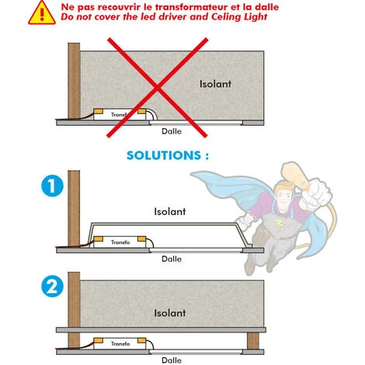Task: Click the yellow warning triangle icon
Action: click(x=42, y=13)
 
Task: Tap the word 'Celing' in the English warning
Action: click(x=226, y=17)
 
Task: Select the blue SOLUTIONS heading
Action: click(x=168, y=155)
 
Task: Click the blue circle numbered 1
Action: click(x=52, y=186)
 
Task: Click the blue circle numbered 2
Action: click(x=52, y=286)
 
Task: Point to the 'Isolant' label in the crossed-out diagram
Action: click(x=215, y=84)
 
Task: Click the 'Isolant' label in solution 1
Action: click(x=170, y=211)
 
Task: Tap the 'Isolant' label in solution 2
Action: click(x=170, y=313)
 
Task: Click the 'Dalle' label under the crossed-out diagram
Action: click(x=172, y=131)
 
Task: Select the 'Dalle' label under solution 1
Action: click(x=172, y=259)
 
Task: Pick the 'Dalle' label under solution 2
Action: click(x=172, y=360)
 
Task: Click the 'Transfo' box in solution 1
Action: click(x=120, y=242)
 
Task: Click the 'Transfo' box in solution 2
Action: click(x=120, y=343)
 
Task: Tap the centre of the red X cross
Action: click(x=157, y=88)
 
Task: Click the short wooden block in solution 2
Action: click(x=253, y=341)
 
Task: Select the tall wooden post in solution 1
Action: click(x=74, y=208)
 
